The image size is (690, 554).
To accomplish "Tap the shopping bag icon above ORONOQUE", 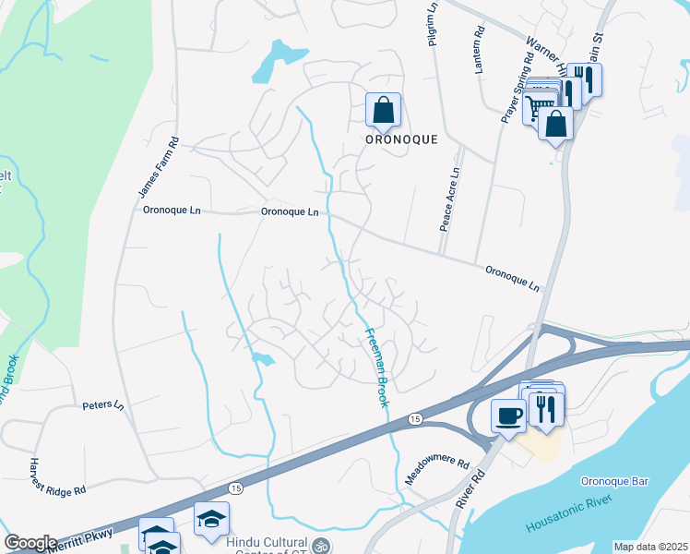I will pos(383,111).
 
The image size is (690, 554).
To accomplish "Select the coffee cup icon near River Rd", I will pos(508,415).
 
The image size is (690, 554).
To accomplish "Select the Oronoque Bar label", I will pos(615,481).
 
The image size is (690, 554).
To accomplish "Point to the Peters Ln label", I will pos(102,404).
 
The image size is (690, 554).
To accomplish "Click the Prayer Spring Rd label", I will pos(517,88).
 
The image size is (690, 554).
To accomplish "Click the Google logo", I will pos(30,543).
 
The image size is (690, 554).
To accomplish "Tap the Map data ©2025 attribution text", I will pos(650,547).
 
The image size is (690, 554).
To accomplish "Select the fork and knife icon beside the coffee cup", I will pos(544,407).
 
